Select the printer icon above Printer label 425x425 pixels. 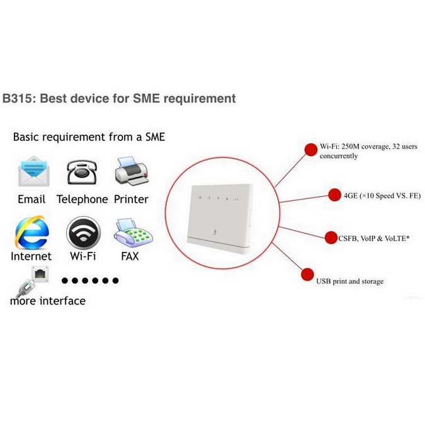(x=131, y=171)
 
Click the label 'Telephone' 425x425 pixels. (x=82, y=199)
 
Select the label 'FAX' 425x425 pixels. (x=130, y=256)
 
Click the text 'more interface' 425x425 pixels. (x=47, y=301)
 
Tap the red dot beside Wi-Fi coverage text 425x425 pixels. (x=310, y=149)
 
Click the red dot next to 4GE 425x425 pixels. (x=334, y=194)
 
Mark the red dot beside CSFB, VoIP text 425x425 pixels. (x=331, y=237)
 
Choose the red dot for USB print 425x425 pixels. (x=309, y=274)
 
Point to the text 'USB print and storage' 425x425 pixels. (x=349, y=281)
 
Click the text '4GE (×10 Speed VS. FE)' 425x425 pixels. (x=382, y=196)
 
